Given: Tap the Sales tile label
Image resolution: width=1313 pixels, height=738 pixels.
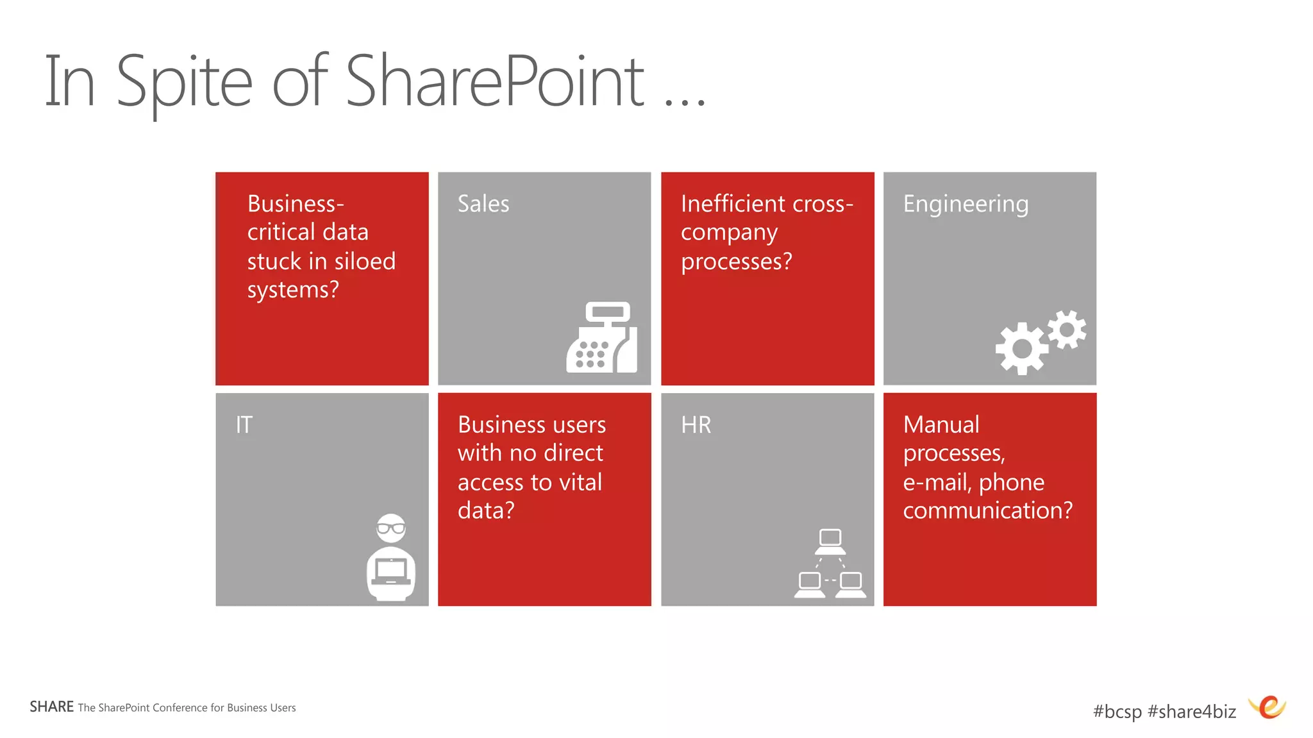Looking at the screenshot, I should (483, 204).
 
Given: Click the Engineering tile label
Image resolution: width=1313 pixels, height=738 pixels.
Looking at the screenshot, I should (966, 204).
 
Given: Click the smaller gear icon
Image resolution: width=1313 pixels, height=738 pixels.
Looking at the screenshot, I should (1067, 330).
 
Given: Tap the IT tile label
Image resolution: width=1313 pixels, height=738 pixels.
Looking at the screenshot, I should (244, 424).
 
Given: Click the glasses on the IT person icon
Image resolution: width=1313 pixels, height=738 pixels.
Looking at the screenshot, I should (391, 528).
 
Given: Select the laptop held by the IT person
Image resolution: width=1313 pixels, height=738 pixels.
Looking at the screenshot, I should (391, 571).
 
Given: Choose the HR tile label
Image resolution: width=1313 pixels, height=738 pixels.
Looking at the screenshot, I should (696, 424).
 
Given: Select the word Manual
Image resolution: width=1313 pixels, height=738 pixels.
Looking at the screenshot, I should (941, 424).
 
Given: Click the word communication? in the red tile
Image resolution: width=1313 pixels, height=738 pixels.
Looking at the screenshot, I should (987, 510).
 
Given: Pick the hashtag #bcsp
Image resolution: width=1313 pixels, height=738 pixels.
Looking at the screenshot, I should (1117, 711).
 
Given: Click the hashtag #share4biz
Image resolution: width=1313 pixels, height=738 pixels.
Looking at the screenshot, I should (1192, 711).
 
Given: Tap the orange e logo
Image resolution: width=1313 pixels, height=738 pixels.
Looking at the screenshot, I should (1269, 707).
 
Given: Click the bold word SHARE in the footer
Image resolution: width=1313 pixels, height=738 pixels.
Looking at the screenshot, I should (51, 707).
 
